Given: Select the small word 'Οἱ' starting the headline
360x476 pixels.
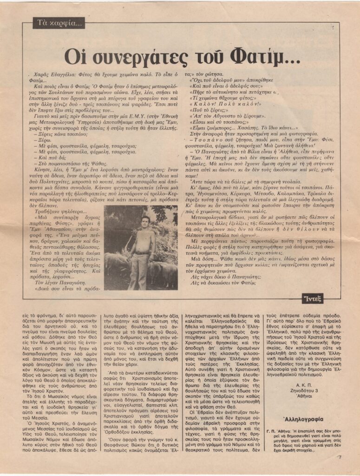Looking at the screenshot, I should click(x=74, y=57).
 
